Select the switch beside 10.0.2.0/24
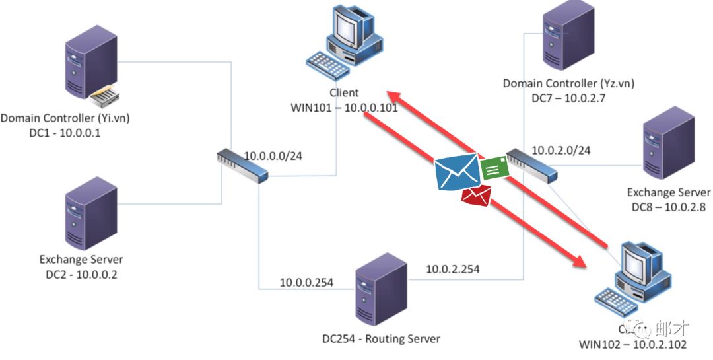tap(531, 165)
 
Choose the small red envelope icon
tap(476, 196)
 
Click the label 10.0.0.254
tap(306, 283)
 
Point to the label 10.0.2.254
tap(452, 269)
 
